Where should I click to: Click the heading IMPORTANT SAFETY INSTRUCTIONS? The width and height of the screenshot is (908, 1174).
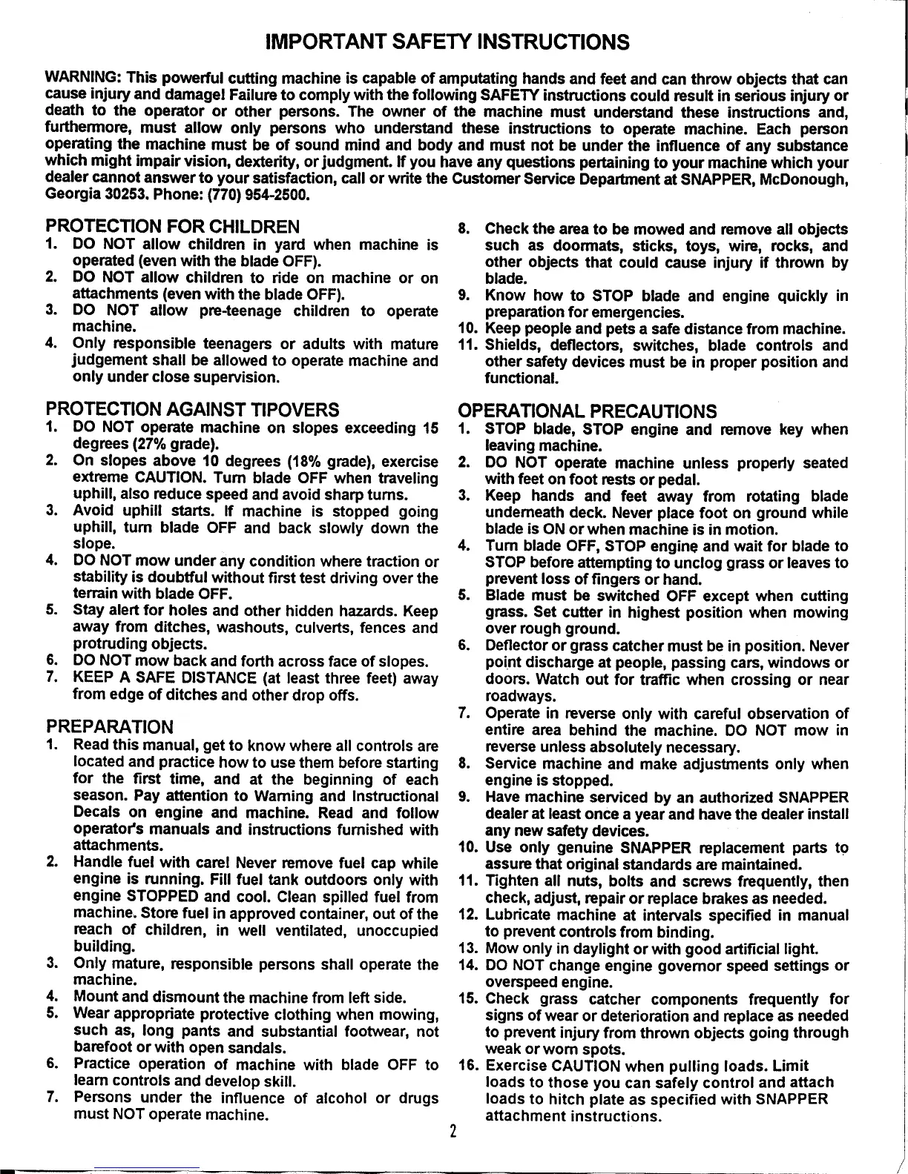(x=447, y=41)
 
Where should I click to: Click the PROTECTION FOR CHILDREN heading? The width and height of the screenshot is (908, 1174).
(x=173, y=226)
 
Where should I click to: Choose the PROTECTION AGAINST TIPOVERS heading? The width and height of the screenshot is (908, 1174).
(x=192, y=409)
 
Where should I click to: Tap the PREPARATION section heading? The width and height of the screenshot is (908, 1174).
(x=110, y=726)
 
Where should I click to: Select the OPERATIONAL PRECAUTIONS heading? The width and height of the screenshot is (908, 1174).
(x=588, y=411)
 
